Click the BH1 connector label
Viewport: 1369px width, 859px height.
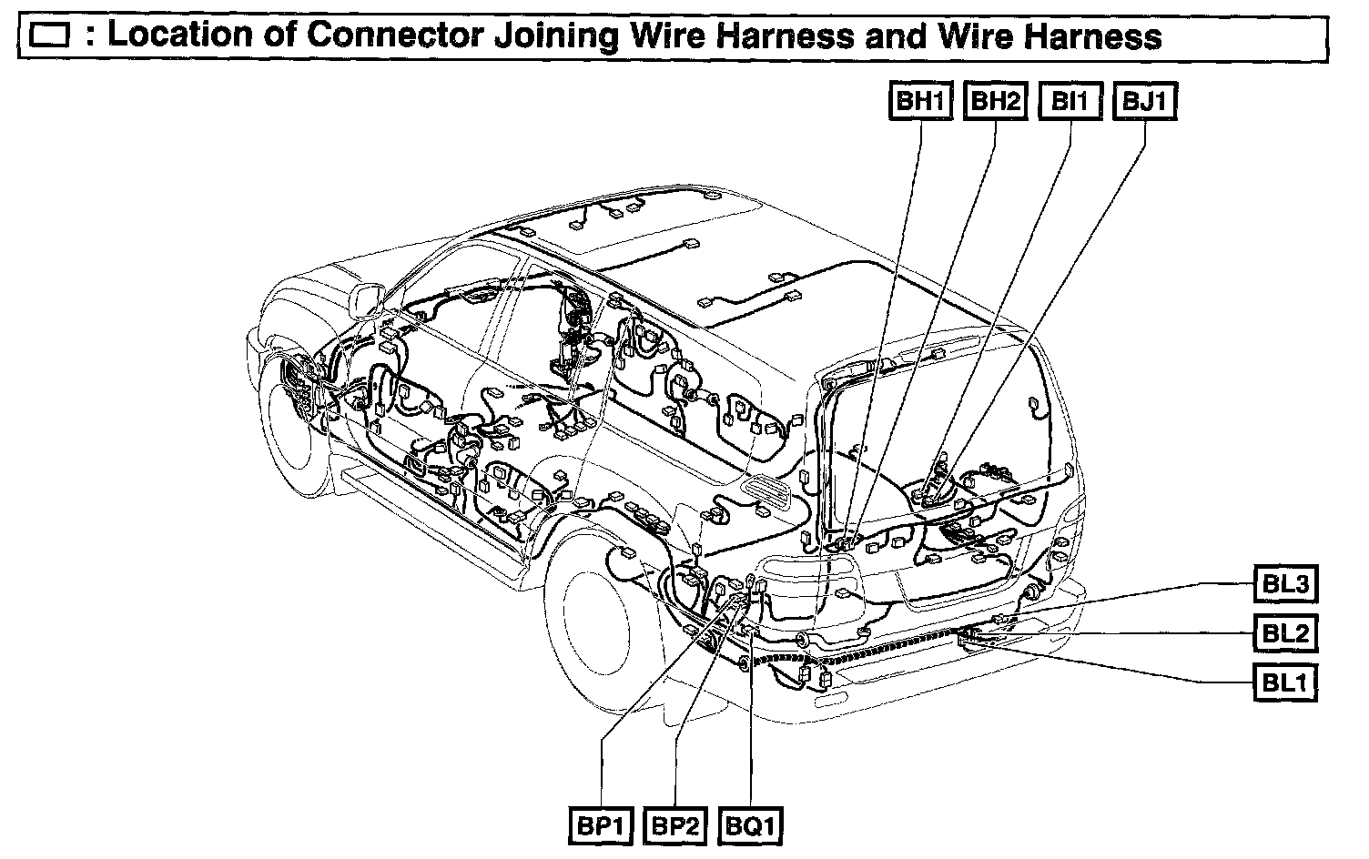click(920, 101)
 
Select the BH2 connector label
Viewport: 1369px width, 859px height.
click(995, 101)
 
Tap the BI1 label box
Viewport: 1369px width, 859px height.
click(1070, 101)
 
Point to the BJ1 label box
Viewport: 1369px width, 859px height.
click(1144, 101)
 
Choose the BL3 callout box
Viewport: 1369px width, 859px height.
click(1285, 583)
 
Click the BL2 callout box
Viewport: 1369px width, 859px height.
click(1285, 632)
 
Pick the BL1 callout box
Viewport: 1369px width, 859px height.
click(1285, 682)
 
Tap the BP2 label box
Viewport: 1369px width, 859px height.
click(675, 826)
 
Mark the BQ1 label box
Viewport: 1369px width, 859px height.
click(751, 826)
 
